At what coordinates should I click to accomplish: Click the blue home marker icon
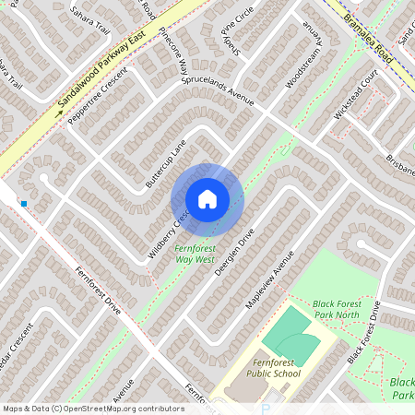tap(207, 198)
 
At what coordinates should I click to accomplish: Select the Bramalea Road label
tap(367, 36)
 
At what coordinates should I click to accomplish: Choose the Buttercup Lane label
tap(166, 164)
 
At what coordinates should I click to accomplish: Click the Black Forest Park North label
tap(346, 308)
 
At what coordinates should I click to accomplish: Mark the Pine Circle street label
tap(237, 34)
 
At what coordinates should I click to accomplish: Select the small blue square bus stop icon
tap(24, 203)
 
